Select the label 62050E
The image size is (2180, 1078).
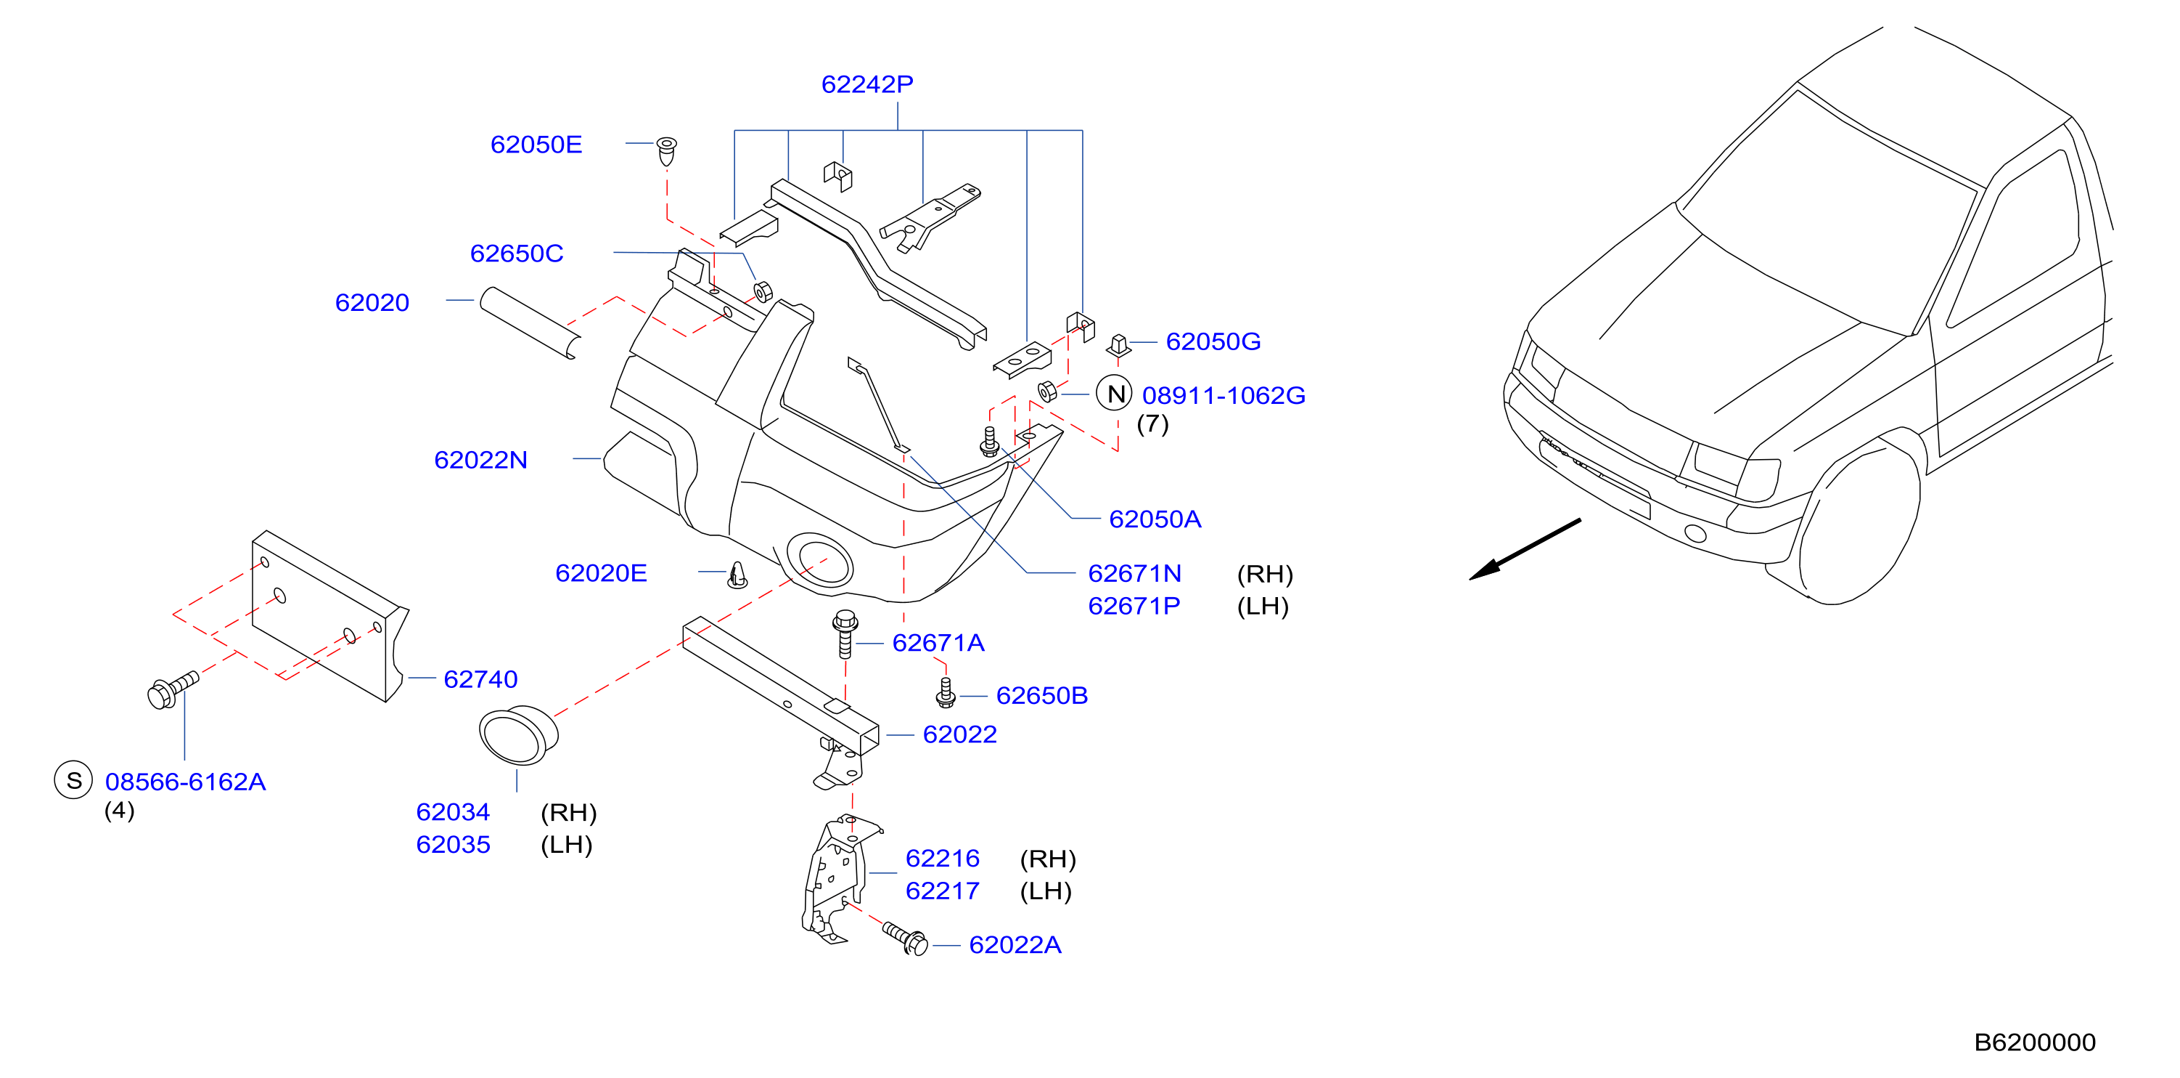point(536,145)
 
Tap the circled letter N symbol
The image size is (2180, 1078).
point(1114,393)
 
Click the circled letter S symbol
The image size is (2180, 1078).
point(73,780)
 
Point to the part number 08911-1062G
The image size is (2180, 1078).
point(1224,395)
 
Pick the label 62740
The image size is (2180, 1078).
point(480,679)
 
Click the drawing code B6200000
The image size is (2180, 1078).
point(2034,1042)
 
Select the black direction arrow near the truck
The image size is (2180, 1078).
point(1524,550)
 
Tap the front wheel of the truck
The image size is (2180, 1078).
point(1859,526)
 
